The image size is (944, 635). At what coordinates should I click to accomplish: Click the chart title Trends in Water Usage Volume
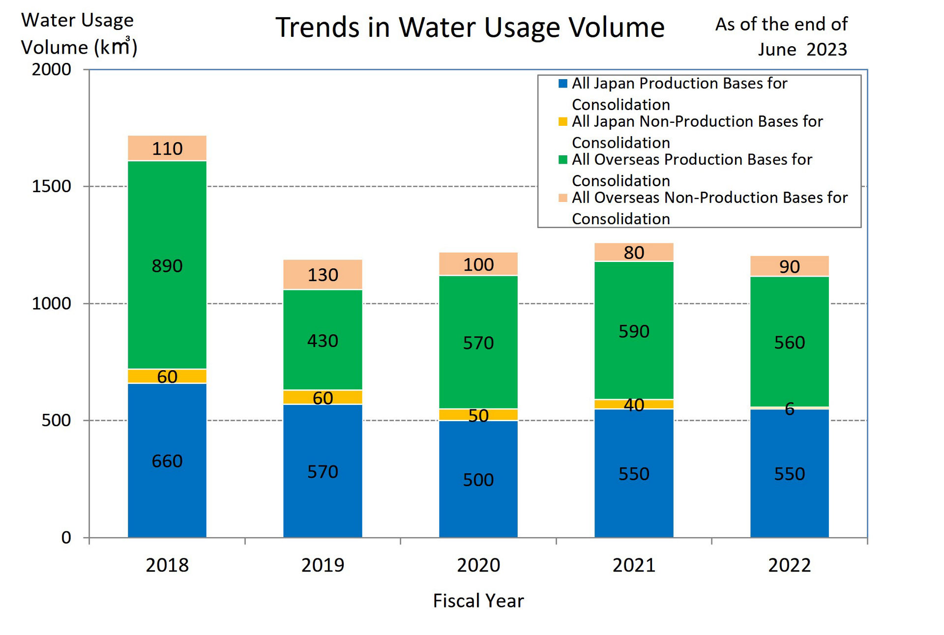(470, 28)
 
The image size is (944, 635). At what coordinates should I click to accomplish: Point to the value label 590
(634, 331)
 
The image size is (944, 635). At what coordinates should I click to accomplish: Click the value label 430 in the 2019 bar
(323, 341)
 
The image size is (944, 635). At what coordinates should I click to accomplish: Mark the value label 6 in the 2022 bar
(789, 408)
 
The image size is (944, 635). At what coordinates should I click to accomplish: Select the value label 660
(167, 461)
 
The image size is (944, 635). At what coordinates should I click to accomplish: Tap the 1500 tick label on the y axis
(52, 186)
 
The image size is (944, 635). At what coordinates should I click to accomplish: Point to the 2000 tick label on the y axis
(52, 69)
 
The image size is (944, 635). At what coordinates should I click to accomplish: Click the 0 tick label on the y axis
(66, 537)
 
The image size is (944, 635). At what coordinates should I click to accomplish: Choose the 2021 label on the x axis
(634, 565)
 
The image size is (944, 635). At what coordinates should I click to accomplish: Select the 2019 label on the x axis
(323, 565)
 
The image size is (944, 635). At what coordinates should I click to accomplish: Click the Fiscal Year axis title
(478, 601)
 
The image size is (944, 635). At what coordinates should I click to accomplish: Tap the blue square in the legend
(563, 83)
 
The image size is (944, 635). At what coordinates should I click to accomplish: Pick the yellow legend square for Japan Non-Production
(563, 121)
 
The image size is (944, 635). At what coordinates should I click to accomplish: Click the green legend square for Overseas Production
(563, 159)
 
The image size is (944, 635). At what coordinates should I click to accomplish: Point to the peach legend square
(563, 198)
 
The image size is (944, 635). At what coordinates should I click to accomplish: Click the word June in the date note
(777, 50)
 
